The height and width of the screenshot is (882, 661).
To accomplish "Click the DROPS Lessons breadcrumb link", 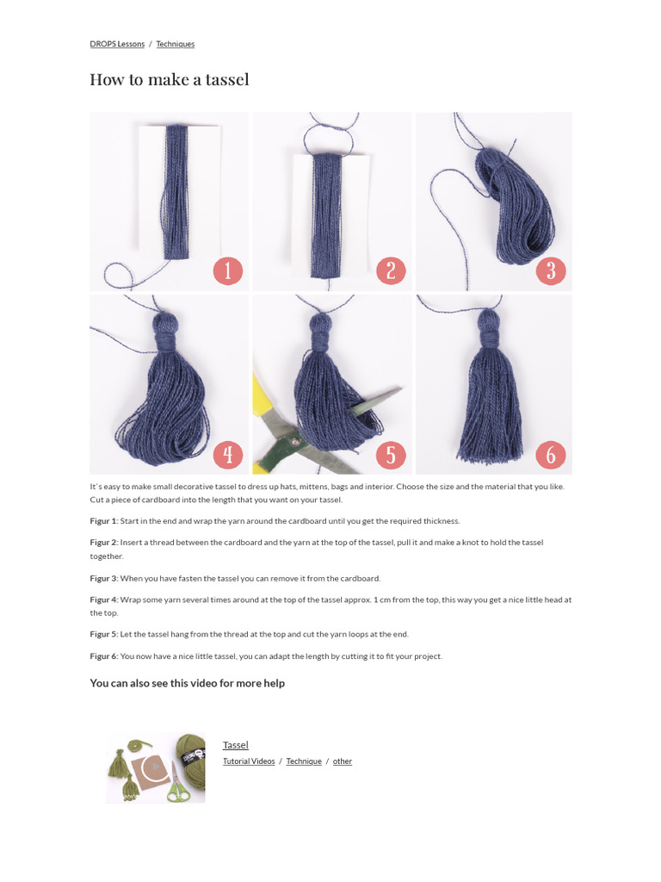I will click(116, 44).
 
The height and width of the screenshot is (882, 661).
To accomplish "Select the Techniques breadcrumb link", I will click(175, 44).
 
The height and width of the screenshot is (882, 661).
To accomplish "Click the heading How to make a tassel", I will click(170, 80).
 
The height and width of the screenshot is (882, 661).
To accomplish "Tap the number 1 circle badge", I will click(227, 271).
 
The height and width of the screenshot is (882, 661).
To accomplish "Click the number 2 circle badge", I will click(390, 271).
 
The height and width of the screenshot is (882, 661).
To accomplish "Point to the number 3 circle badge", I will click(551, 271).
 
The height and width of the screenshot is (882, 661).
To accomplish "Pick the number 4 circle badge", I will click(227, 454).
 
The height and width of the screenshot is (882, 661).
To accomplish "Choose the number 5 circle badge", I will click(390, 454).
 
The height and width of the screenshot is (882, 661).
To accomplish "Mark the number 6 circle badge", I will click(551, 454).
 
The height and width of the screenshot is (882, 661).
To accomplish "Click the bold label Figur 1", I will click(103, 521).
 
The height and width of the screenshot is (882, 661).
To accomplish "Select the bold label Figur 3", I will click(103, 579).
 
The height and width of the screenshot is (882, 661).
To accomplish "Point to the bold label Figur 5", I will click(103, 634).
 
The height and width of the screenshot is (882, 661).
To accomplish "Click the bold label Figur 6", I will click(103, 656).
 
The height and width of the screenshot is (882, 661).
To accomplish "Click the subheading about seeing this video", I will click(187, 683).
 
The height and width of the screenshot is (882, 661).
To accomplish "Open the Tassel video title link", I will click(235, 745).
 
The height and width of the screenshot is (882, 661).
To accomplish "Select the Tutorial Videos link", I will click(249, 761).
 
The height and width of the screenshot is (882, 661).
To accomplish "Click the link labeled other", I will click(343, 761).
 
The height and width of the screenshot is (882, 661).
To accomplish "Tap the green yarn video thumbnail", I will click(155, 767).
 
